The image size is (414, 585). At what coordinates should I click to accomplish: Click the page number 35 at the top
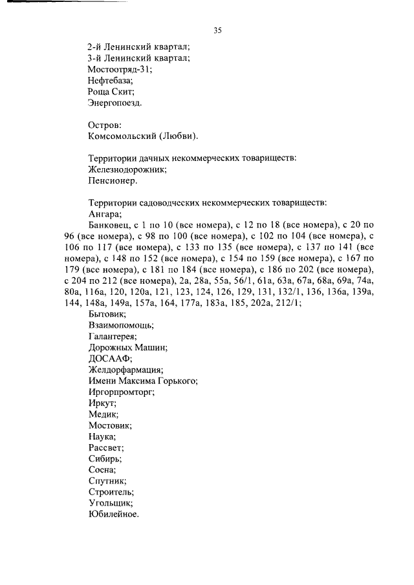point(218,30)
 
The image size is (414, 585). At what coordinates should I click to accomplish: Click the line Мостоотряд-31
point(120,69)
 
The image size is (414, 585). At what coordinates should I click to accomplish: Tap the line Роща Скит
point(111,91)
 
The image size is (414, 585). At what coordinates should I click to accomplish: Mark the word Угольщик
point(110,503)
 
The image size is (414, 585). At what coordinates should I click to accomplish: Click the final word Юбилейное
point(113,515)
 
